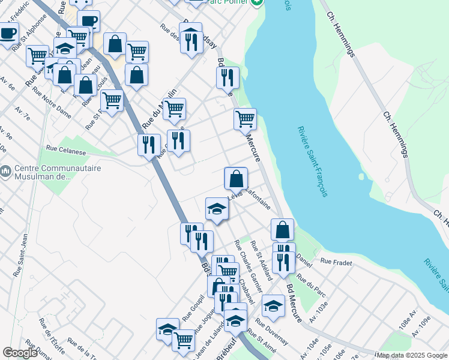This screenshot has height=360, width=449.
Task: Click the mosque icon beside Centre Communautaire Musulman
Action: pyautogui.click(x=6, y=172)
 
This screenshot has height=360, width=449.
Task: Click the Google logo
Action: pyautogui.click(x=20, y=353)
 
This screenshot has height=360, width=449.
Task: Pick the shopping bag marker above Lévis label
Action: pyautogui.click(x=236, y=178)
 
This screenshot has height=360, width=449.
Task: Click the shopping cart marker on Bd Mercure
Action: pyautogui.click(x=245, y=119)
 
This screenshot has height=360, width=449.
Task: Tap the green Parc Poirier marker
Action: pyautogui.click(x=258, y=2)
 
